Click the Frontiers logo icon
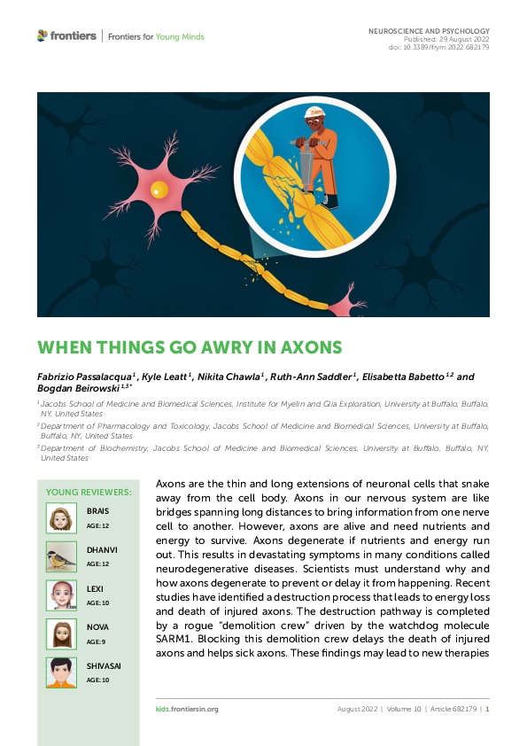point(43,35)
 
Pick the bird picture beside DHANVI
point(61,556)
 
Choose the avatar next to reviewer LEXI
point(61,595)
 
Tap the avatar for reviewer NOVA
point(61,634)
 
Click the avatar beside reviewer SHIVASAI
point(61,672)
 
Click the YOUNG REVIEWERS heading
point(89,492)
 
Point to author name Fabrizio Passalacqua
point(84,377)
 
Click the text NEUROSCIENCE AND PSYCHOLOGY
point(429,31)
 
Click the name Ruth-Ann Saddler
point(314,377)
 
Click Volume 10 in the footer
point(405,709)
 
